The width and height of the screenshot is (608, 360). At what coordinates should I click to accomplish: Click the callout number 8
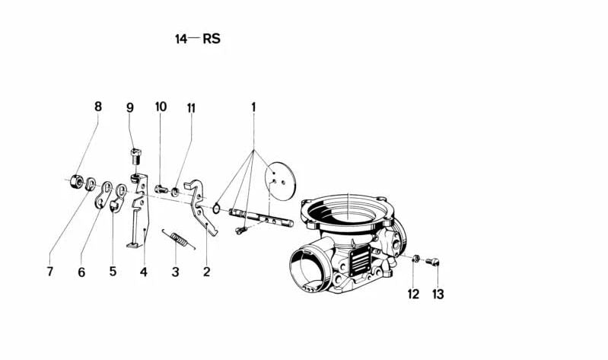(98, 106)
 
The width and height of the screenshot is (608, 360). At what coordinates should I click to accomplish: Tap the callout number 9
(130, 107)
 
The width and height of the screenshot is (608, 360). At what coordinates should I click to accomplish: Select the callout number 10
(161, 107)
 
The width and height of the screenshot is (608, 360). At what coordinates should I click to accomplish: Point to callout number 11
(191, 108)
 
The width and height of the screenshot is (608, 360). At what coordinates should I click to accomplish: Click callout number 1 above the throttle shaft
(253, 107)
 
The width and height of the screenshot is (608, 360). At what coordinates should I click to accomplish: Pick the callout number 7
(49, 272)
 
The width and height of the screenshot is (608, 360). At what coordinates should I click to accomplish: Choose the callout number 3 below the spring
(175, 272)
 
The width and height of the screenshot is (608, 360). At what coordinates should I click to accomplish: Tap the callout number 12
(413, 294)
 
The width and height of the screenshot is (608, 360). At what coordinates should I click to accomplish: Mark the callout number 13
(438, 294)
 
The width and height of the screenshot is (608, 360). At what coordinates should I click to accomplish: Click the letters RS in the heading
(212, 38)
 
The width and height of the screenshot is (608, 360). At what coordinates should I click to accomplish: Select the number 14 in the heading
(181, 39)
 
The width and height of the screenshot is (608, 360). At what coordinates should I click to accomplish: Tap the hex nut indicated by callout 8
(75, 182)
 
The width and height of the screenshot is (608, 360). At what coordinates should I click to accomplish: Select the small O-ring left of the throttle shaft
(216, 209)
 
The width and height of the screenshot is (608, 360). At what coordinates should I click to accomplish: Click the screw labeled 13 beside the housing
(432, 262)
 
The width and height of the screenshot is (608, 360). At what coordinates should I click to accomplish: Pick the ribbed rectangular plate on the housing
(360, 261)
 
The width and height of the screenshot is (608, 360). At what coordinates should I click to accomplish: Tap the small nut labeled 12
(415, 258)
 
